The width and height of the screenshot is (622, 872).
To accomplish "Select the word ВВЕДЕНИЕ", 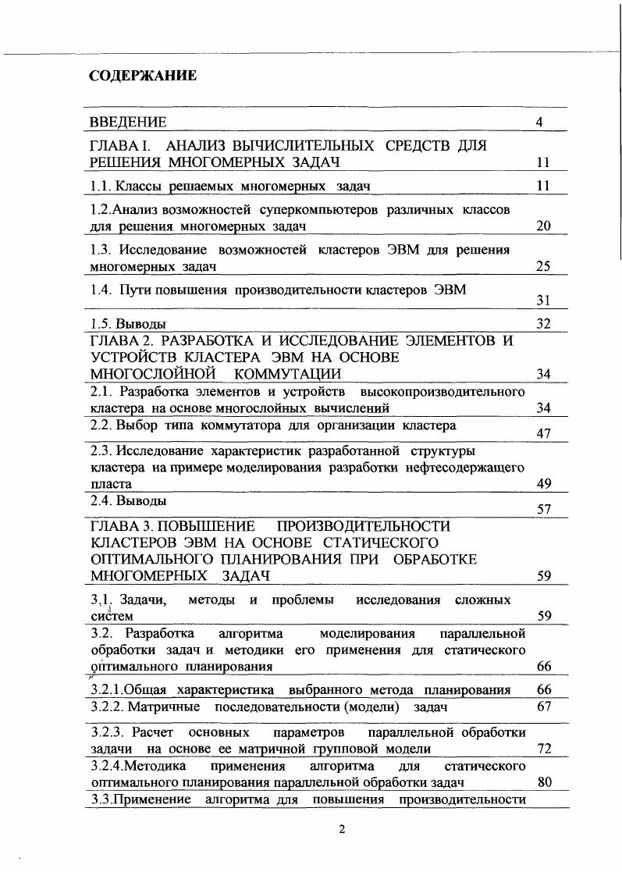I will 128,122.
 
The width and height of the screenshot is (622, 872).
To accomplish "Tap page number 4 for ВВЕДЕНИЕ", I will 539,122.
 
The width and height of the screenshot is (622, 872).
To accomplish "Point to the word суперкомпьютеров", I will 311,210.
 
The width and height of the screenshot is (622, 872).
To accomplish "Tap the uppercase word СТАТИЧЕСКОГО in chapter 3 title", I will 383,543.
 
